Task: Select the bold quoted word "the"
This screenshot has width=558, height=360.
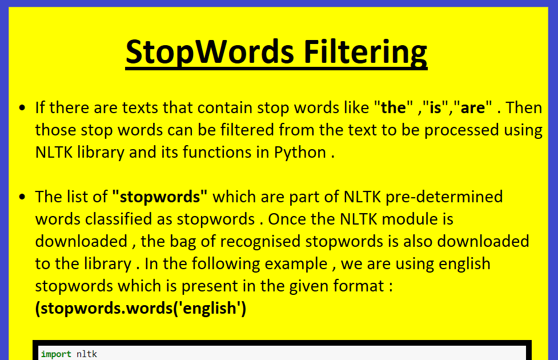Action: click(394, 107)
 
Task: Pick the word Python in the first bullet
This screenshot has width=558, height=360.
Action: click(300, 153)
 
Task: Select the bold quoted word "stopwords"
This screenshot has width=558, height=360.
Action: click(160, 197)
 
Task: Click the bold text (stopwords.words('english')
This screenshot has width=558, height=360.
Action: click(140, 309)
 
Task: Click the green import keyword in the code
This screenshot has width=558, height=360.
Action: click(56, 354)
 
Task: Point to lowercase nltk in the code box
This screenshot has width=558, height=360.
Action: click(87, 354)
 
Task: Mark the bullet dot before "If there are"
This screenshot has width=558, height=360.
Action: click(22, 108)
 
